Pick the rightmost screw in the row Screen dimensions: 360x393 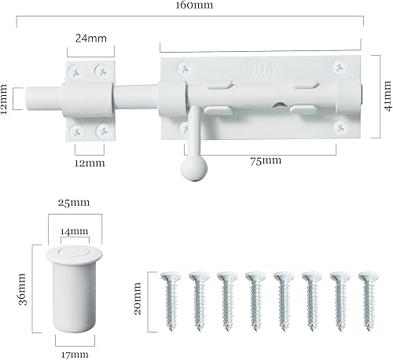pos(367,299)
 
